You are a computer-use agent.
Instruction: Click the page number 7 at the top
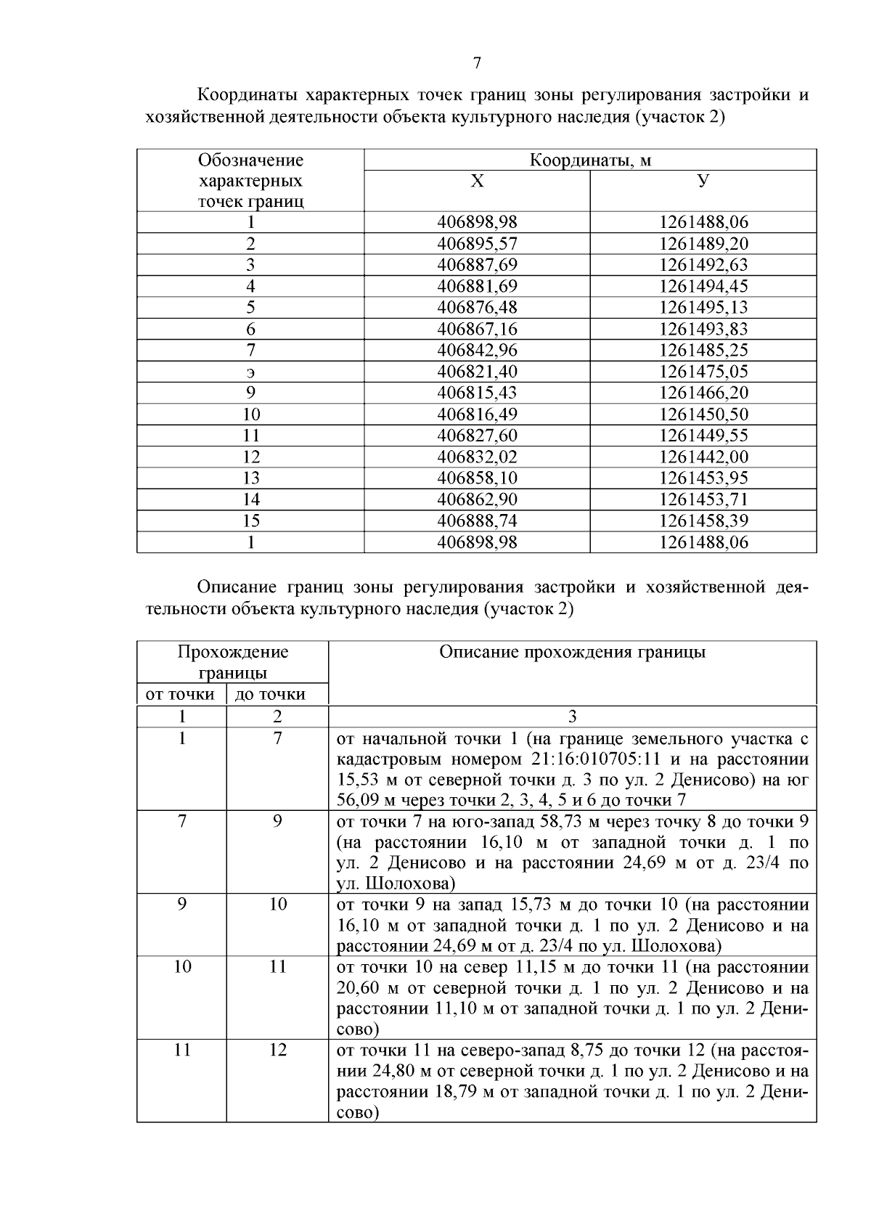[477, 63]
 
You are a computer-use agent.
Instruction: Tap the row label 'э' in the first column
[250, 372]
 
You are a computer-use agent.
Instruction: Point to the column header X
[477, 181]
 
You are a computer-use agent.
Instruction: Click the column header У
[703, 181]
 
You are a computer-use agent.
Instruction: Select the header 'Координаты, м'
[590, 160]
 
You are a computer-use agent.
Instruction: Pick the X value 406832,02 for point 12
[477, 457]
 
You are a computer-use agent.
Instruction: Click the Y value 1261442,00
[703, 457]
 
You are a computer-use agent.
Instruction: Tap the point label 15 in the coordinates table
[250, 521]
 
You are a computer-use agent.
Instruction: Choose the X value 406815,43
[477, 393]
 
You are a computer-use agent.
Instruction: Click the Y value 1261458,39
[703, 521]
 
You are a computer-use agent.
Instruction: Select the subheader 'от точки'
[181, 694]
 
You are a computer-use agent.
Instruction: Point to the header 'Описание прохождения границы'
[572, 652]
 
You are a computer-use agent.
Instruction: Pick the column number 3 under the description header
[572, 717]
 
